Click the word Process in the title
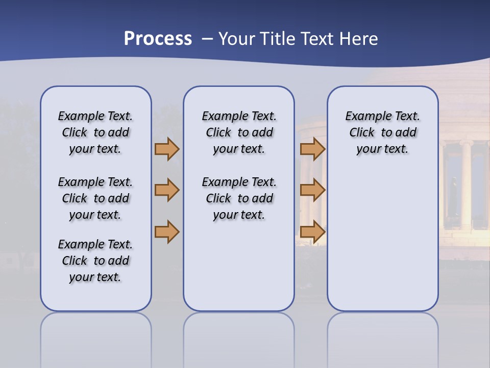tap(158, 39)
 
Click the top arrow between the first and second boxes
tap(167, 149)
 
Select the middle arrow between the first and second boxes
tap(167, 190)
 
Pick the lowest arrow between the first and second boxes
tap(167, 232)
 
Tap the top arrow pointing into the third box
tap(312, 149)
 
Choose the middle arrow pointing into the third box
tap(312, 190)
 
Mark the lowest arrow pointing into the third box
tap(312, 232)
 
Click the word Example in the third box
tap(364, 117)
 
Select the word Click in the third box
tap(362, 133)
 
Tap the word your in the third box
tap(367, 149)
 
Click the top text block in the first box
tap(95, 132)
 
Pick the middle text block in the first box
tap(95, 198)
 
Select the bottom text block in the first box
tap(95, 261)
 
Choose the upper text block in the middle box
tap(239, 132)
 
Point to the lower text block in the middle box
tap(239, 198)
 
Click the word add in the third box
tap(406, 133)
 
